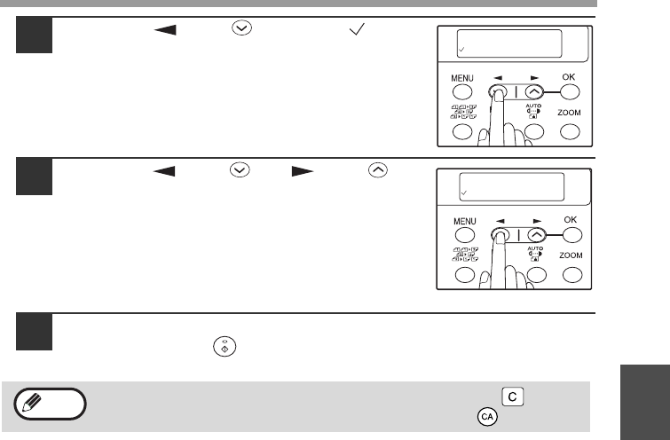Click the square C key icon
[x=512, y=397]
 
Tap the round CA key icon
[x=487, y=417]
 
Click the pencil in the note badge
[x=32, y=403]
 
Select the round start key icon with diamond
[x=225, y=347]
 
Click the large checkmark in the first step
[x=357, y=29]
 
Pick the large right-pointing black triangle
[x=303, y=171]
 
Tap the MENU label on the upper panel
[x=462, y=78]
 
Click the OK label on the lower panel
[x=570, y=220]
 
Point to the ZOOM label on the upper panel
[x=569, y=113]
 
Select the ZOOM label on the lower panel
[x=571, y=255]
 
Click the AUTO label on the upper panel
[x=533, y=106]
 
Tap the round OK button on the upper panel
[x=570, y=92]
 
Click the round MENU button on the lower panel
[x=464, y=235]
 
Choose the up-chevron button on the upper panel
[x=534, y=92]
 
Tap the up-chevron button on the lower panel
[x=537, y=235]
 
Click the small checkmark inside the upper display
[x=461, y=50]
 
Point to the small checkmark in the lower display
[x=464, y=192]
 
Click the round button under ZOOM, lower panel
[x=572, y=275]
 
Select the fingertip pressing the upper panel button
[x=499, y=95]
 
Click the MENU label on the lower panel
[x=464, y=221]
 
